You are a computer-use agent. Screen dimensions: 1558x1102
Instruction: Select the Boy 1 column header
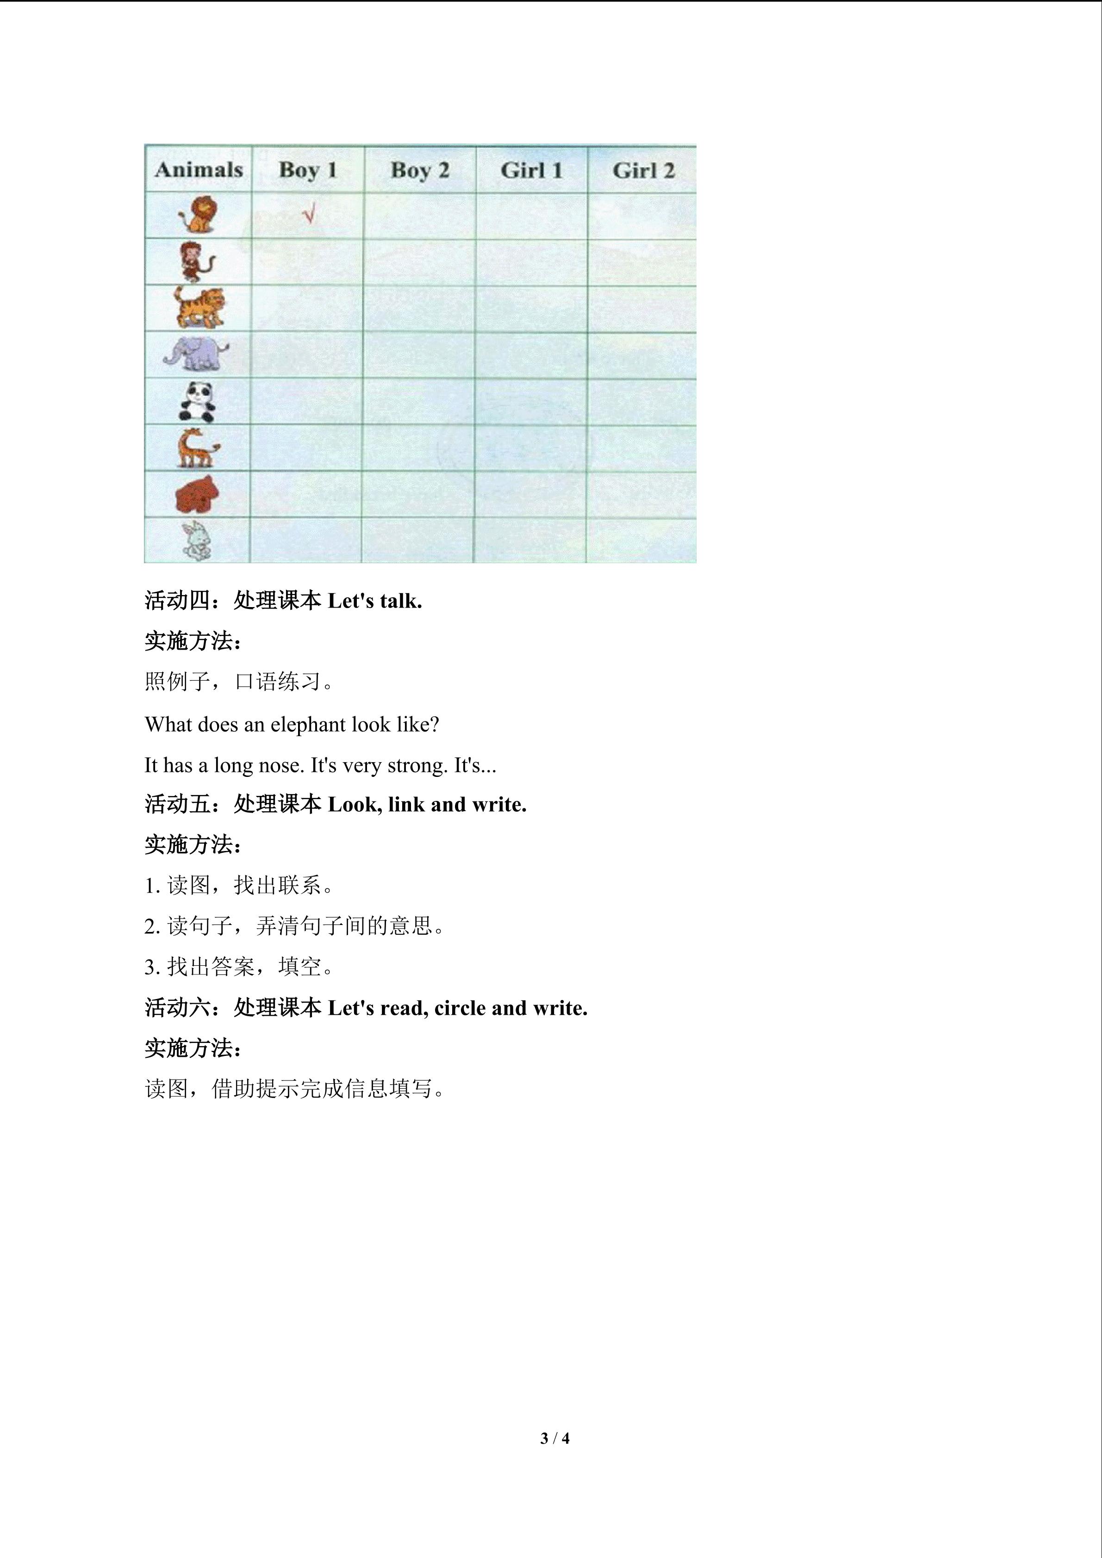coord(308,170)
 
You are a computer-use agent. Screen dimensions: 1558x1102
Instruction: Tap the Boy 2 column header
coord(420,170)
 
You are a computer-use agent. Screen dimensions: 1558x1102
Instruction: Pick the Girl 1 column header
coord(531,170)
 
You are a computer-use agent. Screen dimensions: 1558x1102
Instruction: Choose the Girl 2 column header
coord(643,170)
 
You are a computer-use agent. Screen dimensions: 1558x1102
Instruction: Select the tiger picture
coord(198,307)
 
